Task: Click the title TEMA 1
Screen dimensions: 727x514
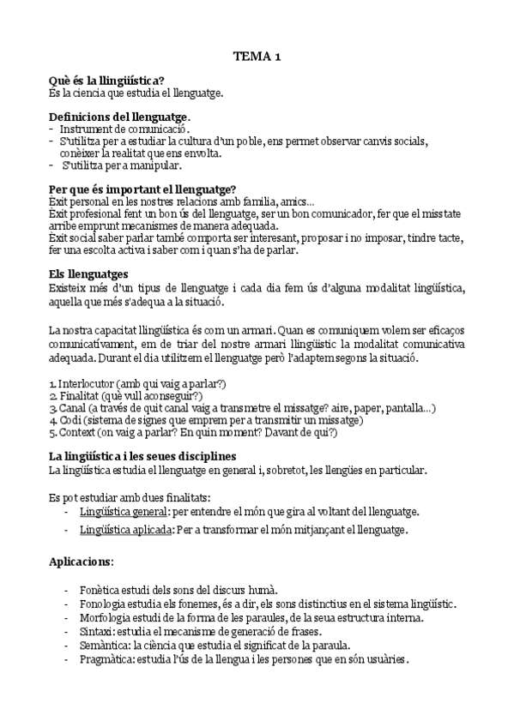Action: [x=257, y=58]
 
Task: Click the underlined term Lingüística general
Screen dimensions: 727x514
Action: [x=122, y=511]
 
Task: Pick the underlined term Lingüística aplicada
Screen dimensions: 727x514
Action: [x=124, y=530]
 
